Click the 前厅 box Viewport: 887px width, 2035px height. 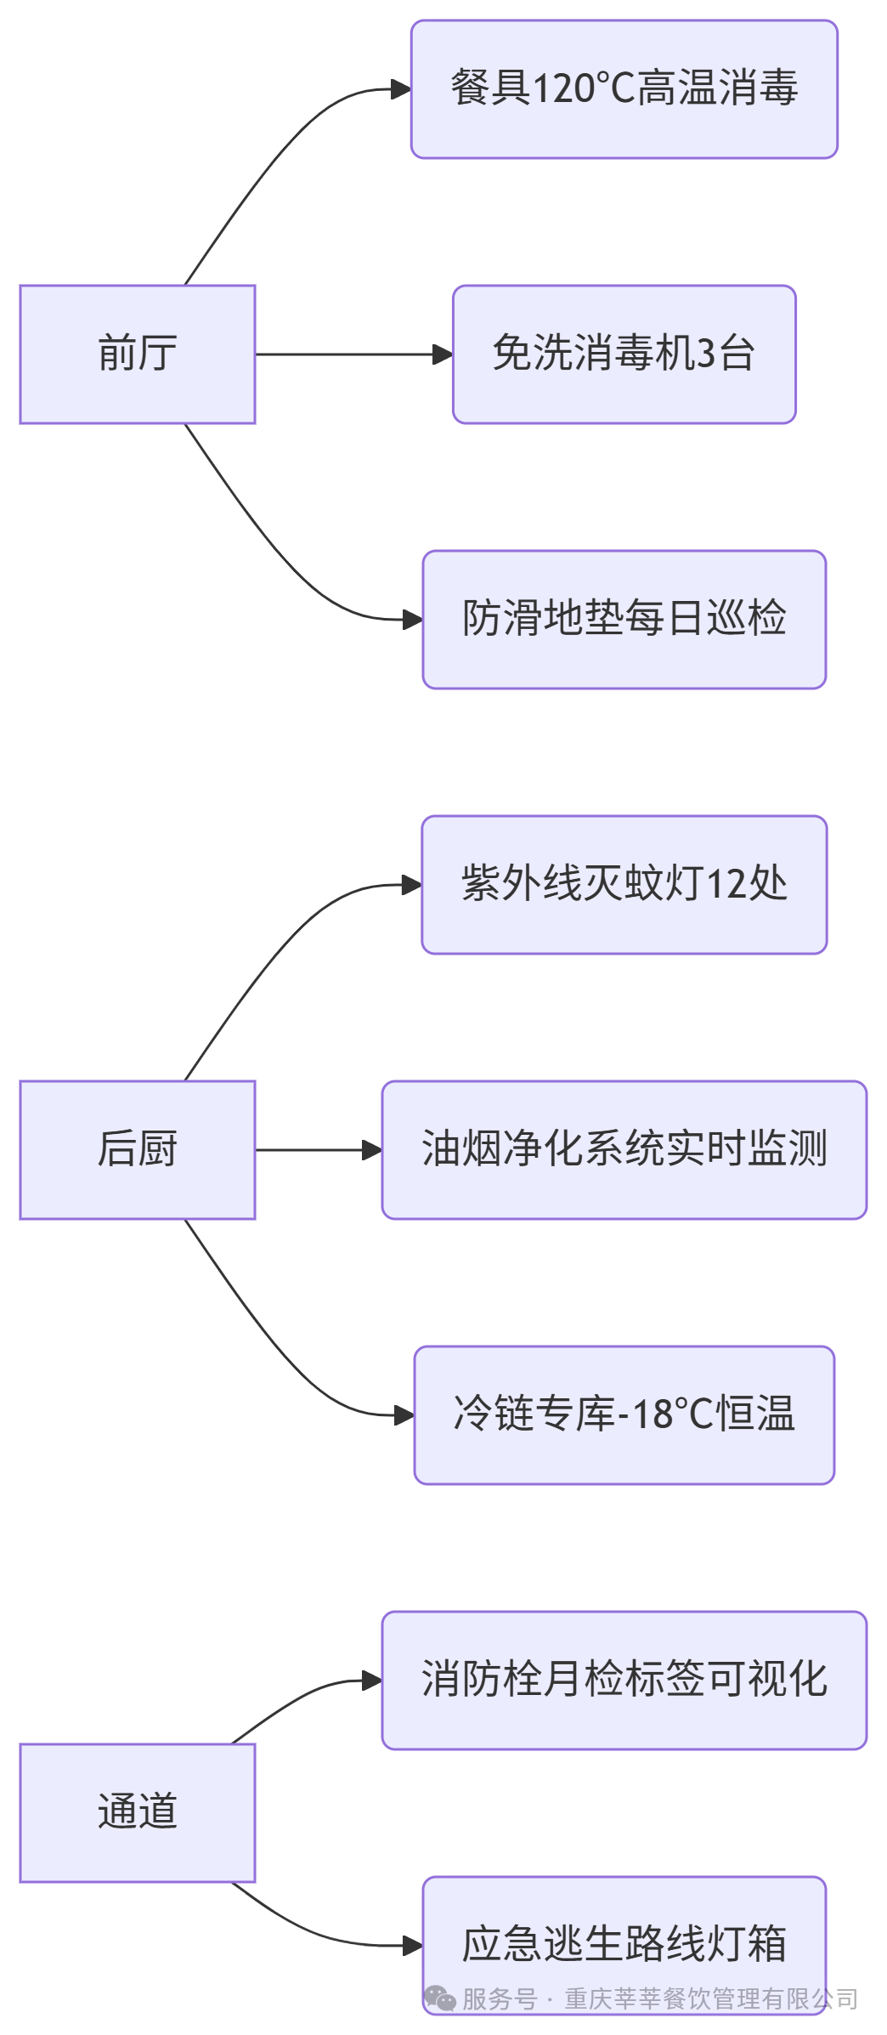pos(138,354)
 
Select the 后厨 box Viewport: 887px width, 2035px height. pos(138,1149)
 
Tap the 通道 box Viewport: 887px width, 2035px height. pos(138,1812)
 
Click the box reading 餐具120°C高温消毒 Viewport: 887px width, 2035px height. pos(624,89)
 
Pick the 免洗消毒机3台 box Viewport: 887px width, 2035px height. pos(624,354)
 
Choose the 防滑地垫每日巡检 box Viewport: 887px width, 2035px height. pos(624,619)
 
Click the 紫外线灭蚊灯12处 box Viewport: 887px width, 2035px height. pos(624,884)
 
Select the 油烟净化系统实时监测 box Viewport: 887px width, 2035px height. pos(624,1149)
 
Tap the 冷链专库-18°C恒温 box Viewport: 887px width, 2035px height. pos(624,1414)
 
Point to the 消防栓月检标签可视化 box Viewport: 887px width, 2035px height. pos(624,1680)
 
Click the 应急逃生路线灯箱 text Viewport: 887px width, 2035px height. pos(624,1943)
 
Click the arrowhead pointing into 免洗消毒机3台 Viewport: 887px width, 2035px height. pos(443,354)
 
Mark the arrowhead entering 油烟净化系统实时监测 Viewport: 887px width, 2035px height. pos(372,1150)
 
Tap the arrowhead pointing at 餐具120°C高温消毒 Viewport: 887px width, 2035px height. pos(401,89)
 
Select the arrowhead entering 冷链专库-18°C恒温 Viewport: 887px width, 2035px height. pos(404,1415)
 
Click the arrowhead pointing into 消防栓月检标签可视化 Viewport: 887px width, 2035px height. pos(372,1681)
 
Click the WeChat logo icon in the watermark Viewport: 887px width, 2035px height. pos(440,1998)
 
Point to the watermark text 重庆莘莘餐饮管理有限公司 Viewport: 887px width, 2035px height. pos(711,1998)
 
